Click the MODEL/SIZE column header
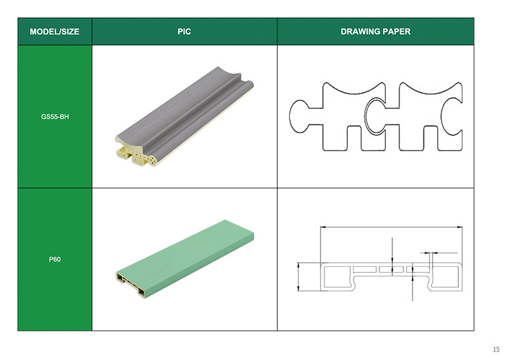(x=54, y=32)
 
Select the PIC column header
(x=184, y=32)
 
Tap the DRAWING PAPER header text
(x=376, y=32)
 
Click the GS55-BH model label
(x=55, y=117)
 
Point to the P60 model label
(x=55, y=259)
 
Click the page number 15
(x=496, y=349)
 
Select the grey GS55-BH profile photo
(x=185, y=116)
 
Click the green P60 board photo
(x=185, y=258)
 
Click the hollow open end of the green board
(x=131, y=284)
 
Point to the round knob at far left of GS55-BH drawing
(x=299, y=117)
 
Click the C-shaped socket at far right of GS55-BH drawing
(x=451, y=117)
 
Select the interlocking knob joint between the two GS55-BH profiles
(x=376, y=117)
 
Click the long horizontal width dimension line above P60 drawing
(x=391, y=227)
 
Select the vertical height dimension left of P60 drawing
(x=298, y=276)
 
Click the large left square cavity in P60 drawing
(x=337, y=276)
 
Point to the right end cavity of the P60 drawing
(x=445, y=276)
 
